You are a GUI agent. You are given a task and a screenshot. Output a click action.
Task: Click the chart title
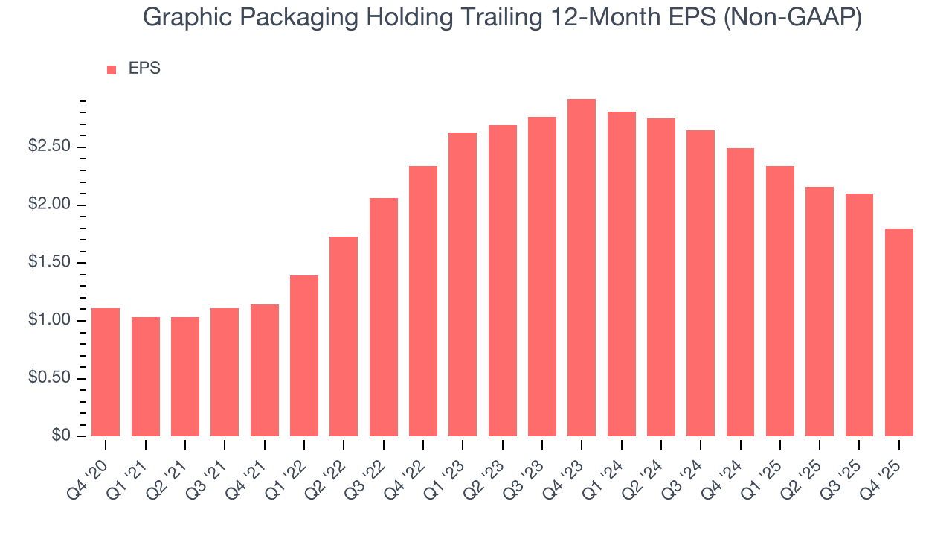[x=502, y=18]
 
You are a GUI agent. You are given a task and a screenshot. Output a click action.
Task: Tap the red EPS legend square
[x=112, y=69]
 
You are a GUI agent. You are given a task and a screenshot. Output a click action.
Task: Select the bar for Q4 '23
[x=582, y=268]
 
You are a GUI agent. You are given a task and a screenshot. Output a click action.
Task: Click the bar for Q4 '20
[x=106, y=372]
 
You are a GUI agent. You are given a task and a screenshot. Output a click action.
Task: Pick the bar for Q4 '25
[x=898, y=332]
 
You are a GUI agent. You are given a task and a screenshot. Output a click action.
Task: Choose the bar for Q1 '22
[x=304, y=356]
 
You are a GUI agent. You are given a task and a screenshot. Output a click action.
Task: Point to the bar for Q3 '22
[x=383, y=317]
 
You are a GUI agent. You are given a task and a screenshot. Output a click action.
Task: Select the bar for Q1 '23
[x=463, y=284]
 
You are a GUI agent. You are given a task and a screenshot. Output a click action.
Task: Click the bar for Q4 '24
[x=740, y=292]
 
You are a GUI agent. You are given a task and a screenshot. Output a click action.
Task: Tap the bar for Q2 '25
[x=820, y=311]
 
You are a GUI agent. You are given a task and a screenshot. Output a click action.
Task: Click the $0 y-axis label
[x=61, y=436]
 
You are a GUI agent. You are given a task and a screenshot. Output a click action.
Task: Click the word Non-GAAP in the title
[x=794, y=18]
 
